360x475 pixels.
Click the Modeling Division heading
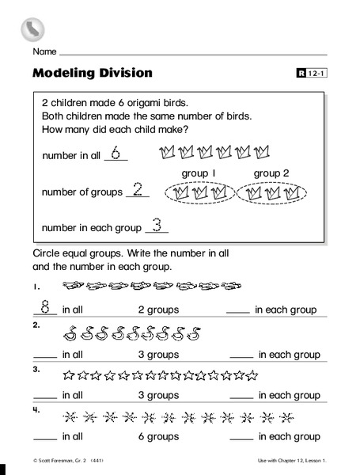tap(93, 74)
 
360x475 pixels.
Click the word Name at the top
tap(44, 51)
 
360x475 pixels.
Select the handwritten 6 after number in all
tap(116, 153)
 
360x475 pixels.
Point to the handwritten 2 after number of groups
tap(137, 189)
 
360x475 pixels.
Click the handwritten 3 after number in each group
tap(157, 225)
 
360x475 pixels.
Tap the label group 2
tap(272, 173)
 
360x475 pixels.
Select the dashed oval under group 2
tap(271, 192)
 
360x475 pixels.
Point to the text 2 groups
tap(158, 310)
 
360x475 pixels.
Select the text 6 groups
tap(158, 436)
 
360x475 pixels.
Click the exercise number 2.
tap(36, 325)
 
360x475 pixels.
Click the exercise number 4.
tap(36, 410)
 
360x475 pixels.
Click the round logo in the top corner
tap(32, 29)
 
